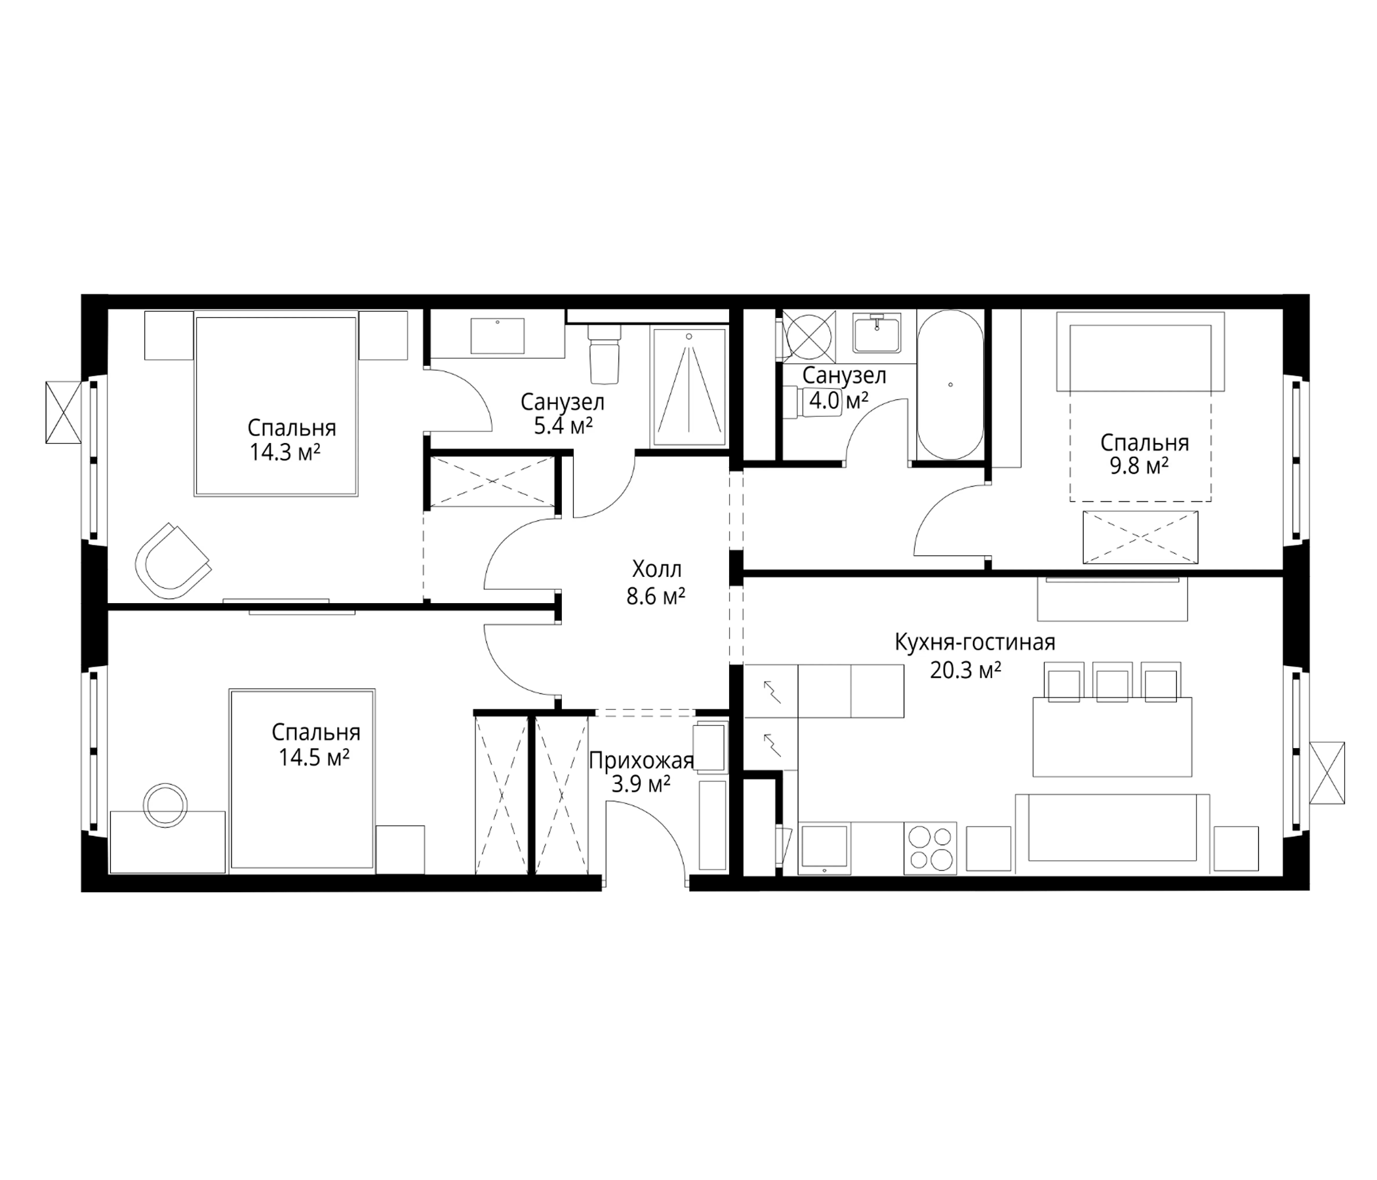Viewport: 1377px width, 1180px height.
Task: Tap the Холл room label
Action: click(x=656, y=570)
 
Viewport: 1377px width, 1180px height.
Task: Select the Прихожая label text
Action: click(x=641, y=760)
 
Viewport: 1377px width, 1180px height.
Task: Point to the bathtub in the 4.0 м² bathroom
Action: click(x=950, y=385)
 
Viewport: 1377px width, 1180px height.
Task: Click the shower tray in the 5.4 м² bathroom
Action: click(x=689, y=387)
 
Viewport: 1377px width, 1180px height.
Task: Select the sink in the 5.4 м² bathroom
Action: click(x=497, y=336)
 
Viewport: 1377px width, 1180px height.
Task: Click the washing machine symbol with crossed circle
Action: click(x=807, y=336)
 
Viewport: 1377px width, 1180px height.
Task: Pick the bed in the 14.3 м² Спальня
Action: click(x=276, y=405)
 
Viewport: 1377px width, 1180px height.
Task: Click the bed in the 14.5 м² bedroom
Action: click(x=302, y=779)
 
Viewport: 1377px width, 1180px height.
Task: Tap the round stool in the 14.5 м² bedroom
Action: click(x=166, y=805)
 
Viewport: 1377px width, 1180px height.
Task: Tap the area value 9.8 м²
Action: click(x=1139, y=465)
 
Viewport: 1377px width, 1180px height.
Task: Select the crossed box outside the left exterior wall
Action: click(x=63, y=412)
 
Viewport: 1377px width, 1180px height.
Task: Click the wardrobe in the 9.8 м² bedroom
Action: click(x=1140, y=537)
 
